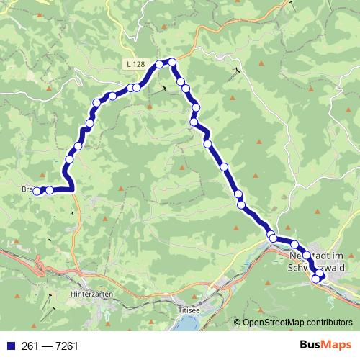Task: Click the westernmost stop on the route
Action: pos(37,190)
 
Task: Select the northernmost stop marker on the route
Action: pos(172,62)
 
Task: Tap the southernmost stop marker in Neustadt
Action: pos(316,279)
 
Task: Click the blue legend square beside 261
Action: pos(8,346)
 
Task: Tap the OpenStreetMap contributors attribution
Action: pos(297,323)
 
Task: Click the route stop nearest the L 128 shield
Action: pos(137,87)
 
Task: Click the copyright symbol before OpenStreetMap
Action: pos(238,323)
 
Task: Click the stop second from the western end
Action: pos(49,190)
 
